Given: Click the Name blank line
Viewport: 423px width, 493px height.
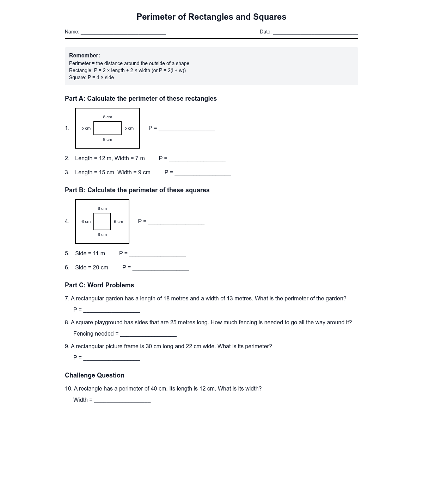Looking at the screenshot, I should pyautogui.click(x=123, y=33).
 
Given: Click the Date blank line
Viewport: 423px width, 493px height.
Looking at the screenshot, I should pyautogui.click(x=315, y=33).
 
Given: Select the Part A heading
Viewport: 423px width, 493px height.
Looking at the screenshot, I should pyautogui.click(x=141, y=99).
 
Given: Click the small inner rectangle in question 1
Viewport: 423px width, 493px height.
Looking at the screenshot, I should pyautogui.click(x=108, y=128).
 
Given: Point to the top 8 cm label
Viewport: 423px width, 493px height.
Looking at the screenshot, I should pyautogui.click(x=108, y=117).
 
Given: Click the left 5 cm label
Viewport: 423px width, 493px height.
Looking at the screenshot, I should pyautogui.click(x=86, y=128).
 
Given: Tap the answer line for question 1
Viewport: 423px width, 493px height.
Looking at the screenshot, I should pyautogui.click(x=187, y=130).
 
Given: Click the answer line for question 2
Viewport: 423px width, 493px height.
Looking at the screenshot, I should pyautogui.click(x=197, y=160).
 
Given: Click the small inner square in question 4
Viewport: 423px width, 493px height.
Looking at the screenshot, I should pyautogui.click(x=102, y=221).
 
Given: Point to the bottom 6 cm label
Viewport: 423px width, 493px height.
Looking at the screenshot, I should pyautogui.click(x=102, y=235).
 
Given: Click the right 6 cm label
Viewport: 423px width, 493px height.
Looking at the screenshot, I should pyautogui.click(x=118, y=221).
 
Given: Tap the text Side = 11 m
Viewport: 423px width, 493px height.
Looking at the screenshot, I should pyautogui.click(x=90, y=254).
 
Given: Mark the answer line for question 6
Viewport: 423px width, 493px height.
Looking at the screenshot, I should pyautogui.click(x=160, y=269).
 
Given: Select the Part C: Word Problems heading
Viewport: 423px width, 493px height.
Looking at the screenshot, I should pyautogui.click(x=99, y=285).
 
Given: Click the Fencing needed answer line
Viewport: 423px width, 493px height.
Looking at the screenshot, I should pyautogui.click(x=148, y=336).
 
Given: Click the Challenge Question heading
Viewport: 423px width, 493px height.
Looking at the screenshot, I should pyautogui.click(x=94, y=375).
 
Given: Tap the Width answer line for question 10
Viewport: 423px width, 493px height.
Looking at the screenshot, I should pyautogui.click(x=122, y=402).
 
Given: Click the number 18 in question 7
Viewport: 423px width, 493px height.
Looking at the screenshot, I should pyautogui.click(x=166, y=299).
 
